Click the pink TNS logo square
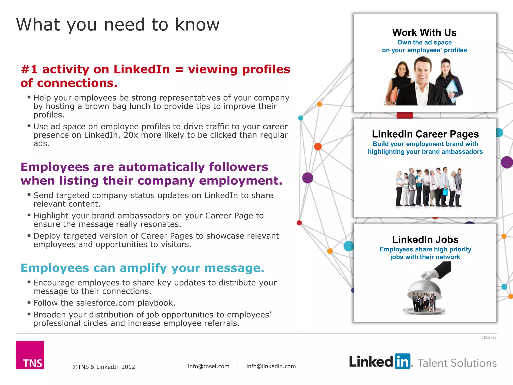point(30,355)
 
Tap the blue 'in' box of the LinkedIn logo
point(403,361)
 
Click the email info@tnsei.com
point(209,366)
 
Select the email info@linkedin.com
point(271,366)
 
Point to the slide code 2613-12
point(489,338)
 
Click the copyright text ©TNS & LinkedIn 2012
point(104,367)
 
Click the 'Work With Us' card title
point(424,33)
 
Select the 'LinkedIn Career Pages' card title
point(425,134)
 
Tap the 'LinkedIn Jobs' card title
point(425,239)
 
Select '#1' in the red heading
point(29,69)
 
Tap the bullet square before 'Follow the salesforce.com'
point(29,302)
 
